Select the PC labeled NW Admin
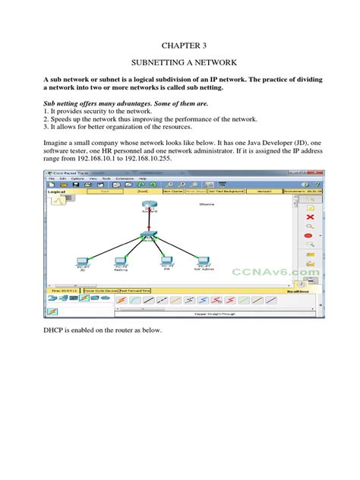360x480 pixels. click(204, 261)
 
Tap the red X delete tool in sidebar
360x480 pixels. click(310, 216)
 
